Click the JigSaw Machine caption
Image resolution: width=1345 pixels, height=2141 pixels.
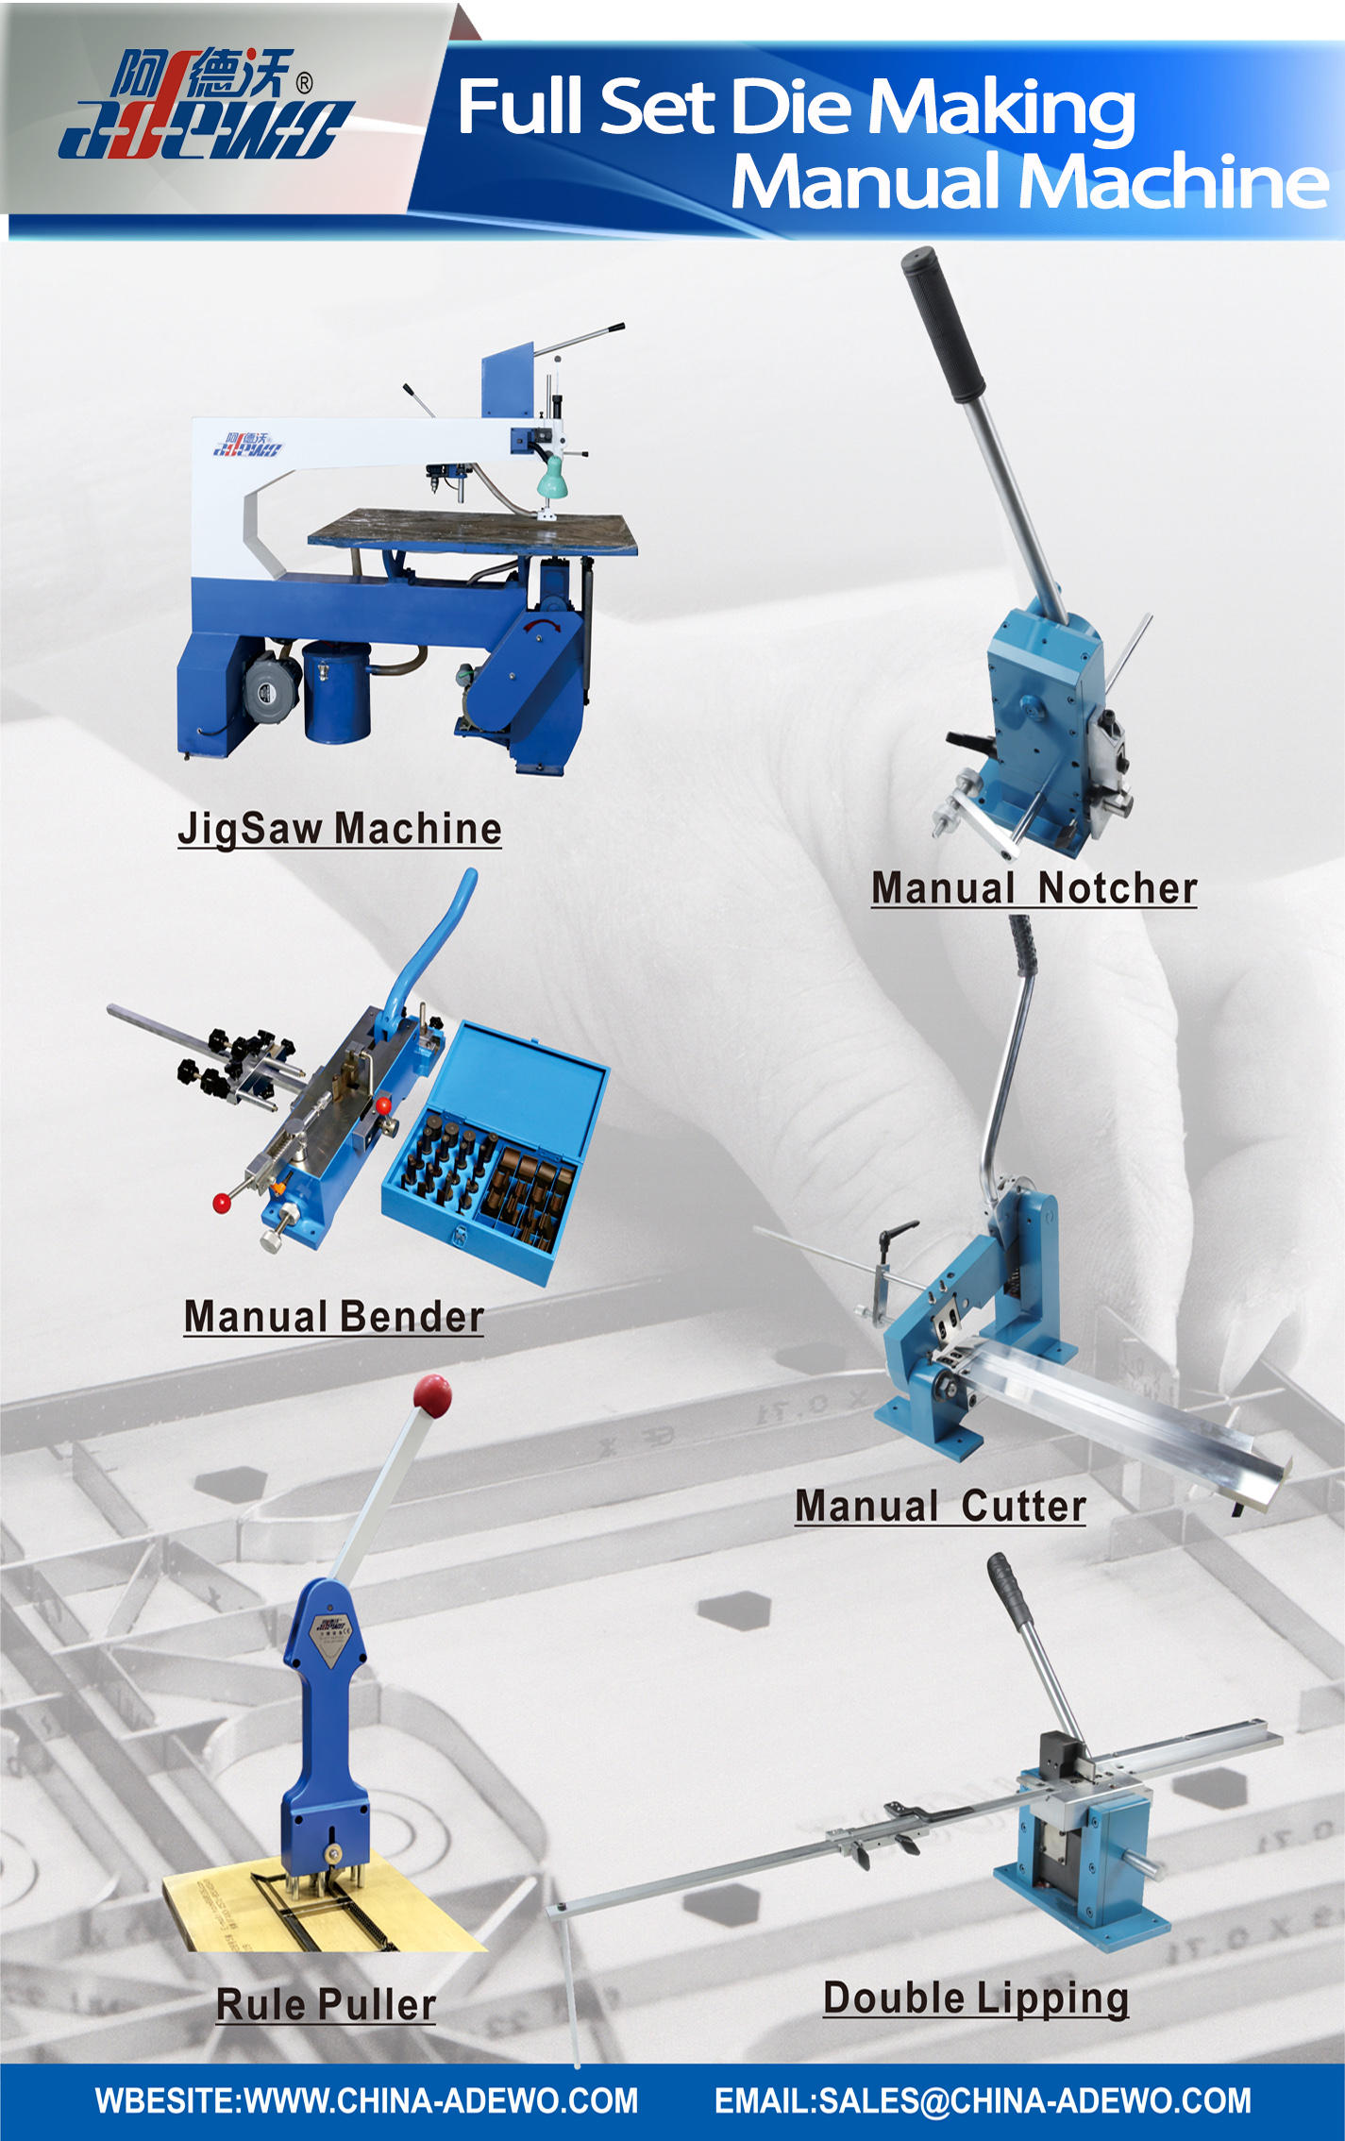pos(340,829)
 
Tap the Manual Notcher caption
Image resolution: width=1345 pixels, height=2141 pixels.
pos(1034,888)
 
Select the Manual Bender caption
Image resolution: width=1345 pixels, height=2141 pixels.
pos(334,1317)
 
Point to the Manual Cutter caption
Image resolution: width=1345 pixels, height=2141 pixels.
pos(941,1506)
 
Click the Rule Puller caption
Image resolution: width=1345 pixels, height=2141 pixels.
pos(327,2004)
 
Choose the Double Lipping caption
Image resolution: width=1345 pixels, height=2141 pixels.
pos(976,1998)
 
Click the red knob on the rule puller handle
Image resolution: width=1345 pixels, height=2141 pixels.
pos(432,1396)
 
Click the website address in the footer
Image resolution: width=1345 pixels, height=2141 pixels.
pos(366,2100)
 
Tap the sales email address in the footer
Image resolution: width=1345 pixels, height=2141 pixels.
pos(983,2100)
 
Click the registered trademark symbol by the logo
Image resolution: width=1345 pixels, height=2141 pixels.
pos(304,84)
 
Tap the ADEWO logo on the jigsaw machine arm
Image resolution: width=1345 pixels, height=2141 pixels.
pos(247,444)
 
